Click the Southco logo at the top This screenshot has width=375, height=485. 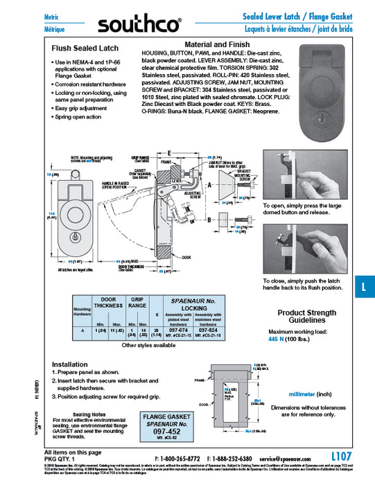click(x=138, y=25)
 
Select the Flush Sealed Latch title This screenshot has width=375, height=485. click(x=82, y=49)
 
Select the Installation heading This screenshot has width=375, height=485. click(x=70, y=363)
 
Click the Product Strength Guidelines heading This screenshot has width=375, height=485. click(x=307, y=317)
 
